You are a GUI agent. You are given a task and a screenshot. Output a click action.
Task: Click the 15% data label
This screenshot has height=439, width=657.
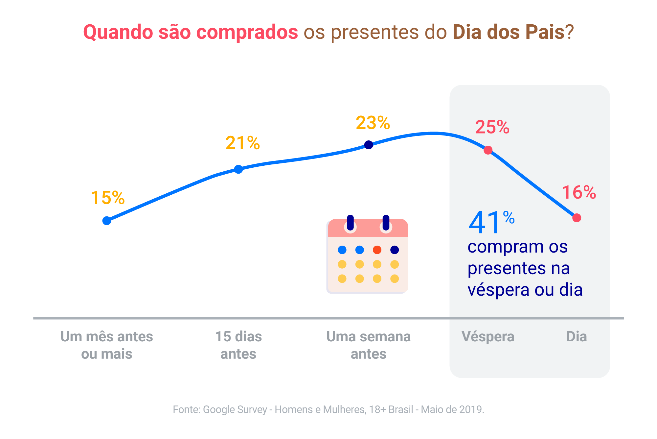point(108,198)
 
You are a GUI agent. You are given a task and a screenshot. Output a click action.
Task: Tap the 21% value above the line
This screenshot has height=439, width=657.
point(243,143)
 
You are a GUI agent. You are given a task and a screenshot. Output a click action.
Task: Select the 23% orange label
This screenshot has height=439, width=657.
point(373,123)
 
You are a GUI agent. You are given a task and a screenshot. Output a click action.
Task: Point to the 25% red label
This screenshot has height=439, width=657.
point(492,127)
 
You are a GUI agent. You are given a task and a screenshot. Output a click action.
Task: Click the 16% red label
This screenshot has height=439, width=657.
point(579,192)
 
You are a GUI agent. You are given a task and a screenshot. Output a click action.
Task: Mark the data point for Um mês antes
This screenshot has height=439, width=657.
point(107,221)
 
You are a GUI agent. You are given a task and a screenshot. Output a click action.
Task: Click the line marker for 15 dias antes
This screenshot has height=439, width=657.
point(238,169)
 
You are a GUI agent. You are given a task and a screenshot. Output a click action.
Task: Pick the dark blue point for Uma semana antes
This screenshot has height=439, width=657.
point(369,145)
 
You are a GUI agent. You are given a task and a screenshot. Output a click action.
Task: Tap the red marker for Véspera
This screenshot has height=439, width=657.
point(488,150)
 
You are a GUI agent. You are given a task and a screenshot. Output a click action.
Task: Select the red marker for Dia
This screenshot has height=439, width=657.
point(577,218)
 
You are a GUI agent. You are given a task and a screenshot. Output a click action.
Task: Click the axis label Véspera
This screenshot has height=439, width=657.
point(488,337)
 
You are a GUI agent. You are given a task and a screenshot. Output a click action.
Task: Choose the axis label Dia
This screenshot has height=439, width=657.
point(577,337)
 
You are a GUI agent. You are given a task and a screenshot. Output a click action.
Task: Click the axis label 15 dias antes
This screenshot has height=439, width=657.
point(238,345)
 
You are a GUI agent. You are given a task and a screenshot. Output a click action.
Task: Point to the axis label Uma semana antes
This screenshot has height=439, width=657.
point(369,345)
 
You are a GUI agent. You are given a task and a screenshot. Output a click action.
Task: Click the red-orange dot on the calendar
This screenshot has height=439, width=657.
point(377,250)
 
